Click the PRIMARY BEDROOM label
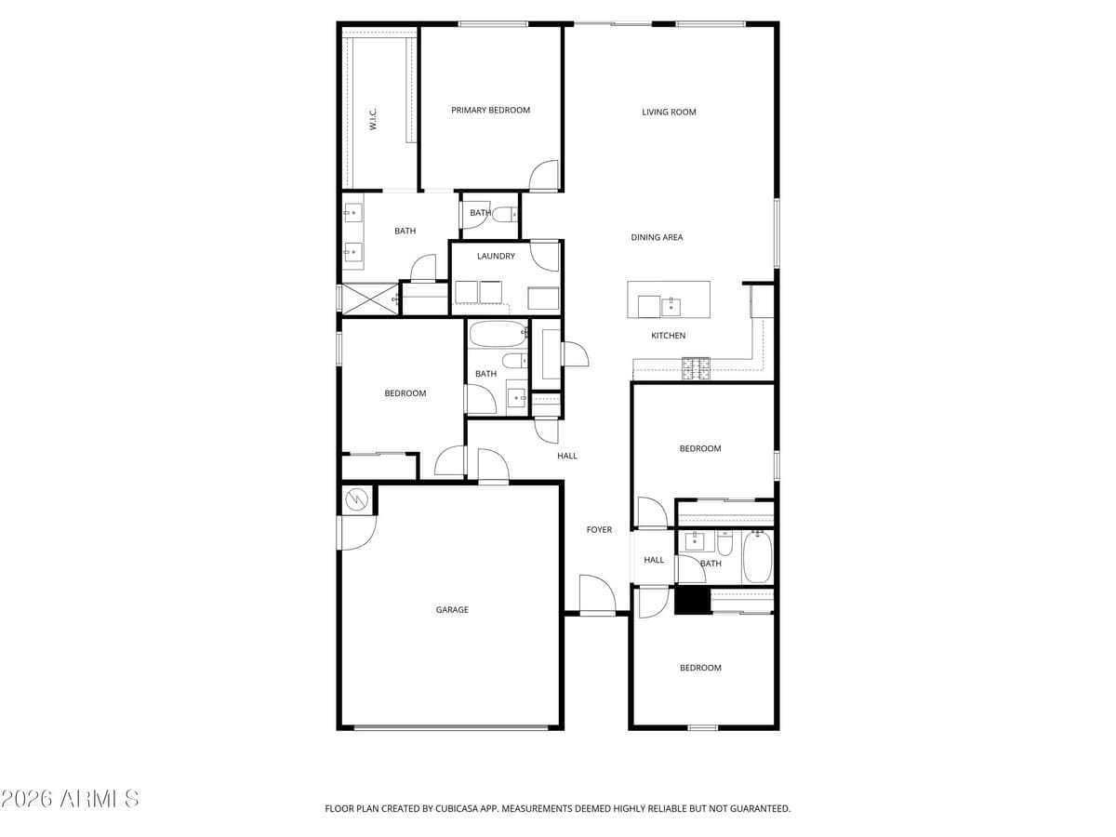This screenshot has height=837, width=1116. [x=490, y=111]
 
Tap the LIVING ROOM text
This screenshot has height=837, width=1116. [x=669, y=113]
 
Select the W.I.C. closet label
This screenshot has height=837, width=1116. [x=373, y=119]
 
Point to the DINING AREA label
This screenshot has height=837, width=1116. [x=657, y=238]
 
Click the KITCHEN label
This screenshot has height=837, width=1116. [x=668, y=336]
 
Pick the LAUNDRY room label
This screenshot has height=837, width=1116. [x=496, y=257]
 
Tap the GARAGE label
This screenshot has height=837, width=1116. [x=452, y=610]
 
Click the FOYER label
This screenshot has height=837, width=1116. [x=599, y=530]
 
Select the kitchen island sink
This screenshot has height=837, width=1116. [x=671, y=306]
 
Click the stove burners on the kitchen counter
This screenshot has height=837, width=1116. [x=696, y=368]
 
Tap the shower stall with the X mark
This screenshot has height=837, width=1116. [x=369, y=299]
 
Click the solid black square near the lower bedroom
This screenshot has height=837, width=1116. [x=692, y=601]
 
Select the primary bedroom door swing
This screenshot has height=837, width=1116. [x=544, y=176]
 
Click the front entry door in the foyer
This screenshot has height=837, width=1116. [x=596, y=595]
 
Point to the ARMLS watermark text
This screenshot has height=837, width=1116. [x=71, y=799]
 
